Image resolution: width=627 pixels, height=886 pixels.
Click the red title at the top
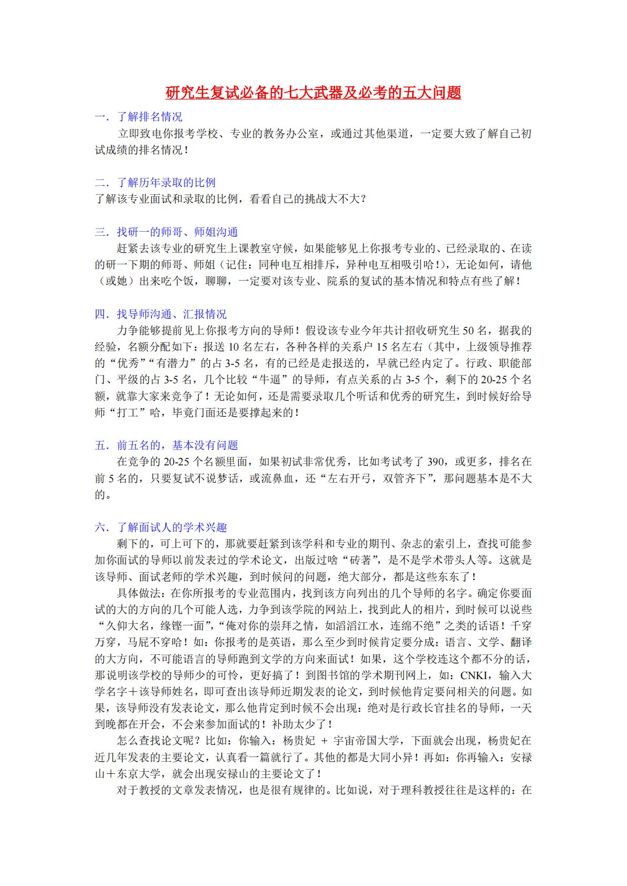pos(313,93)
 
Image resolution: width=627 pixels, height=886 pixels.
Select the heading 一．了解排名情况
pos(139,117)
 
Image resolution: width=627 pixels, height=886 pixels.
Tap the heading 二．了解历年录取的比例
pos(155,183)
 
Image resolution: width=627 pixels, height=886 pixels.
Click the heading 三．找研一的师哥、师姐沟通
pos(166,232)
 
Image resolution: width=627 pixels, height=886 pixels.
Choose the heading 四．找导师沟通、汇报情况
pos(160,314)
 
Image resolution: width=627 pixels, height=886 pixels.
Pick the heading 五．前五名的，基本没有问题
pos(166,445)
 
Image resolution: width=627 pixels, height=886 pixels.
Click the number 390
pos(435,462)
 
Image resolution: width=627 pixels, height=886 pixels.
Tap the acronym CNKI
pos(474,675)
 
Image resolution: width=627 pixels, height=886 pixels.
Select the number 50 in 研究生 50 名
pos(468,331)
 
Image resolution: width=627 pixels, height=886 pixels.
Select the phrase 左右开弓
pos(349,479)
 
